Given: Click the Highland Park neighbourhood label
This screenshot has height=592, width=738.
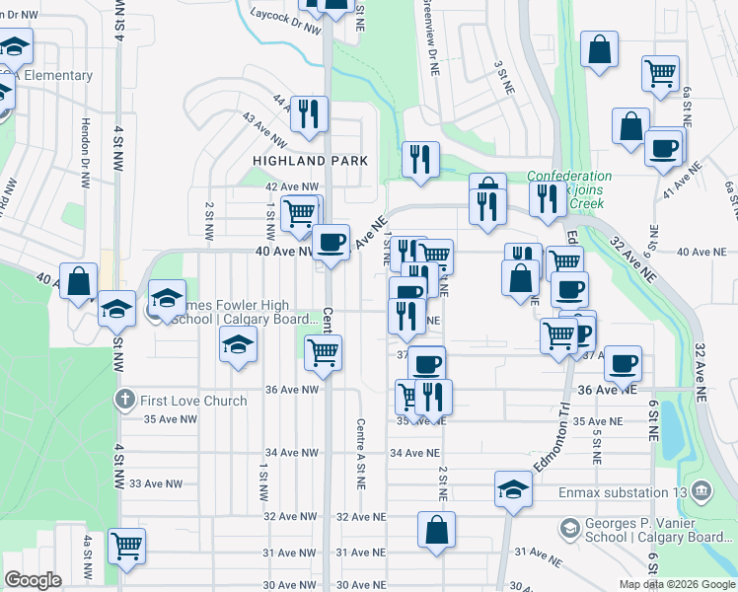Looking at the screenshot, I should (x=310, y=160).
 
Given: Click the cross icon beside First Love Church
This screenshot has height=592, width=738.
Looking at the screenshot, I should (x=124, y=400).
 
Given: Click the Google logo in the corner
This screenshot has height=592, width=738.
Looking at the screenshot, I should (x=33, y=580).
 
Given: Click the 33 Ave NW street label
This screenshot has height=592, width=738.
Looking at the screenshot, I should (x=157, y=483).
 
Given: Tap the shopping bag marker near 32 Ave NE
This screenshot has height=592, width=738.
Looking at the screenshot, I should (x=436, y=530).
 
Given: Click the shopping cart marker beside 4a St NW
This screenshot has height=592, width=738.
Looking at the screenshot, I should (x=126, y=544).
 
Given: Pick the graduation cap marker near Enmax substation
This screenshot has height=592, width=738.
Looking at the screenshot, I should (x=512, y=489).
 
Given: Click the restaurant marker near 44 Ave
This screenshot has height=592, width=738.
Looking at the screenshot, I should (x=311, y=113).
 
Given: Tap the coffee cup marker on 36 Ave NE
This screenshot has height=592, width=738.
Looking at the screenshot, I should (x=623, y=362).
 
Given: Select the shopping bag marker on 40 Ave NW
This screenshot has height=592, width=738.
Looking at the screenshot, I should (x=79, y=281).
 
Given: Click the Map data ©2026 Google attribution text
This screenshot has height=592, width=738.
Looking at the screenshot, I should (x=676, y=584).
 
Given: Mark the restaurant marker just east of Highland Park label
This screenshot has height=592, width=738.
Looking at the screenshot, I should (x=420, y=159).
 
